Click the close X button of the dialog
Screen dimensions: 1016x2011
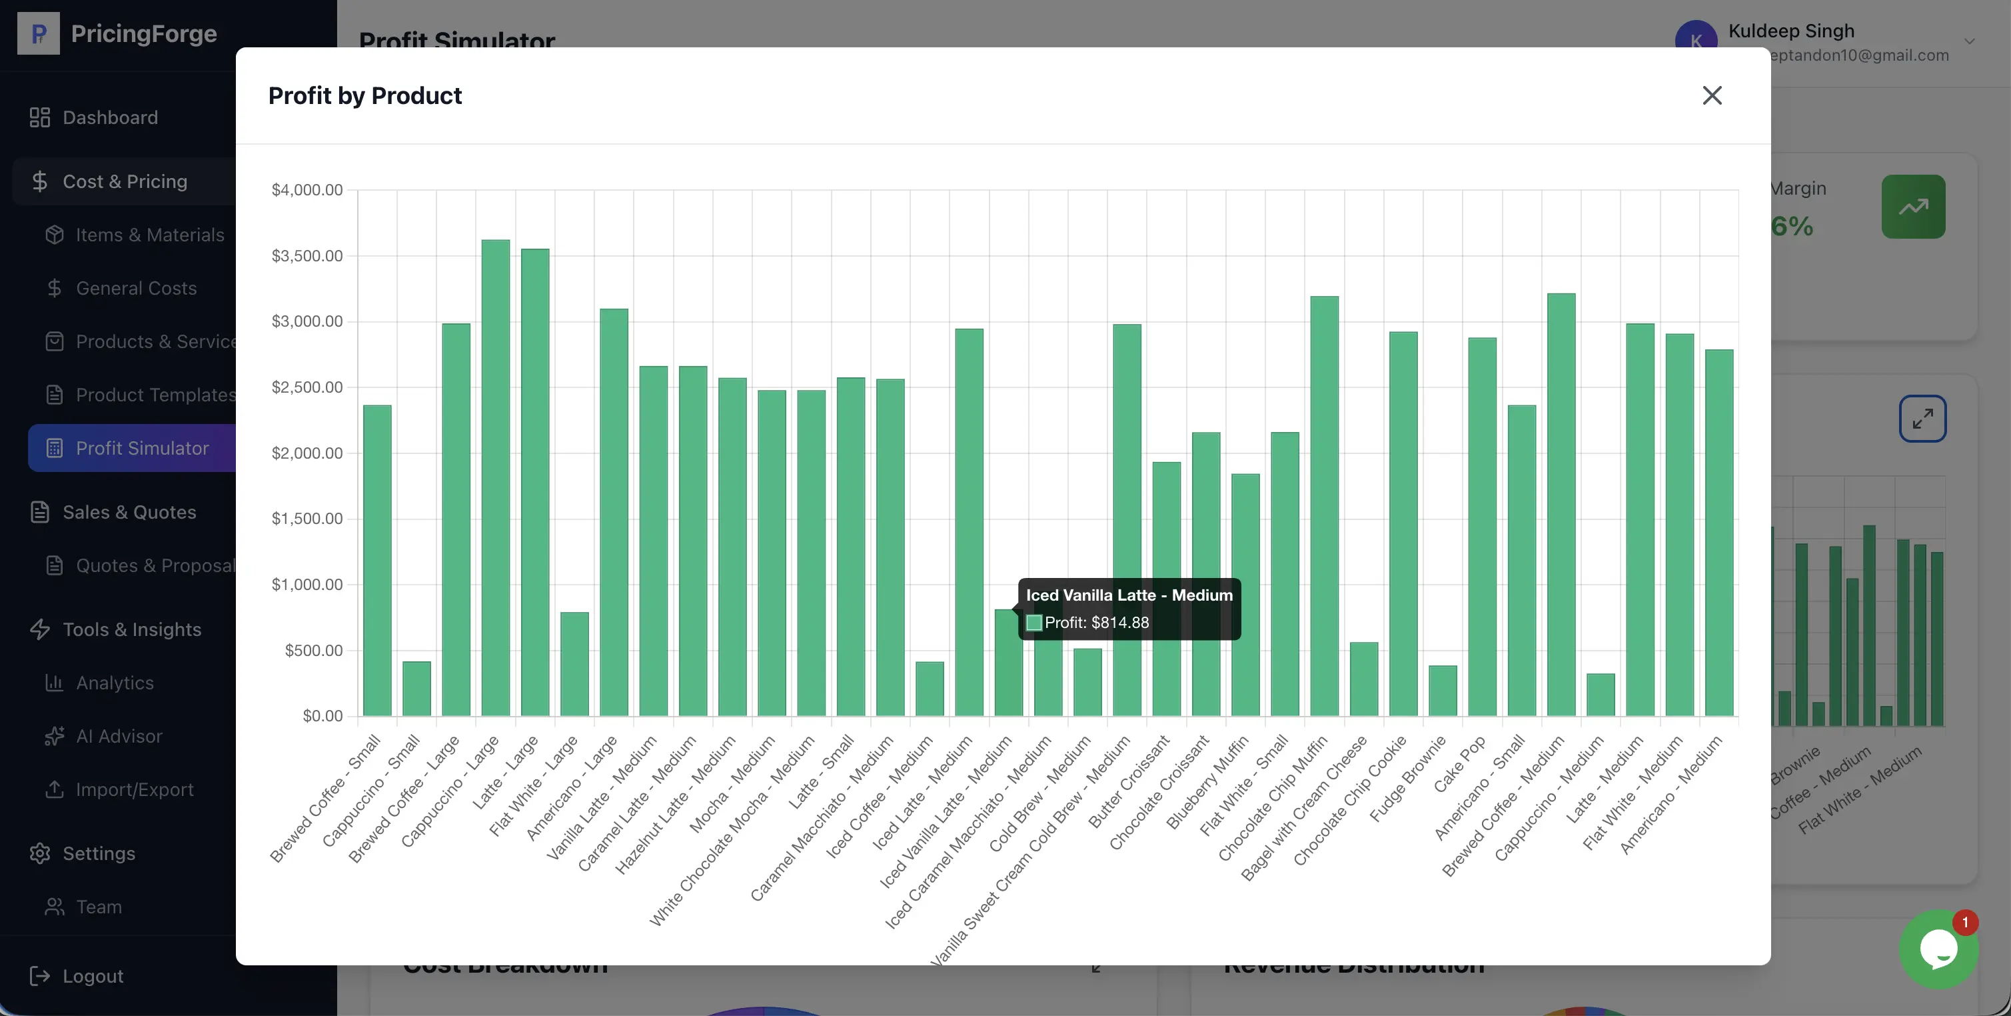tap(1712, 95)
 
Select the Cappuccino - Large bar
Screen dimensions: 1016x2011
tap(496, 477)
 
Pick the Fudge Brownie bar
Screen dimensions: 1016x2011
tap(1443, 691)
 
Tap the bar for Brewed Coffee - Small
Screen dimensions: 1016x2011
tap(377, 560)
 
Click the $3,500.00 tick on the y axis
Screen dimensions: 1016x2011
tap(307, 256)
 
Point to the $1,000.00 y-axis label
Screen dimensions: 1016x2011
tap(307, 585)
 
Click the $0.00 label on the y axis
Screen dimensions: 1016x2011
tap(323, 716)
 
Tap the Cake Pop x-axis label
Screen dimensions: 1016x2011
tap(1459, 766)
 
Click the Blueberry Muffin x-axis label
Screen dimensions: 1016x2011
tap(1207, 783)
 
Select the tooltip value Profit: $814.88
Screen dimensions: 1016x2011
tap(1096, 623)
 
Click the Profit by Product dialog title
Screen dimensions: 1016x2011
tap(364, 95)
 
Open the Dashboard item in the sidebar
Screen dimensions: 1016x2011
tap(110, 117)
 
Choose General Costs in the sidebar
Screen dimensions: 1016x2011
tap(136, 288)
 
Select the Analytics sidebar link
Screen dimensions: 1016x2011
tap(115, 683)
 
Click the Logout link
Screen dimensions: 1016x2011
tap(93, 976)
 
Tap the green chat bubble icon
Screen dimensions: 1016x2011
tap(1938, 949)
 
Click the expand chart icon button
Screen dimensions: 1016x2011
tap(1922, 419)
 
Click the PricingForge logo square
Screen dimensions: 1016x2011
tap(38, 33)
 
